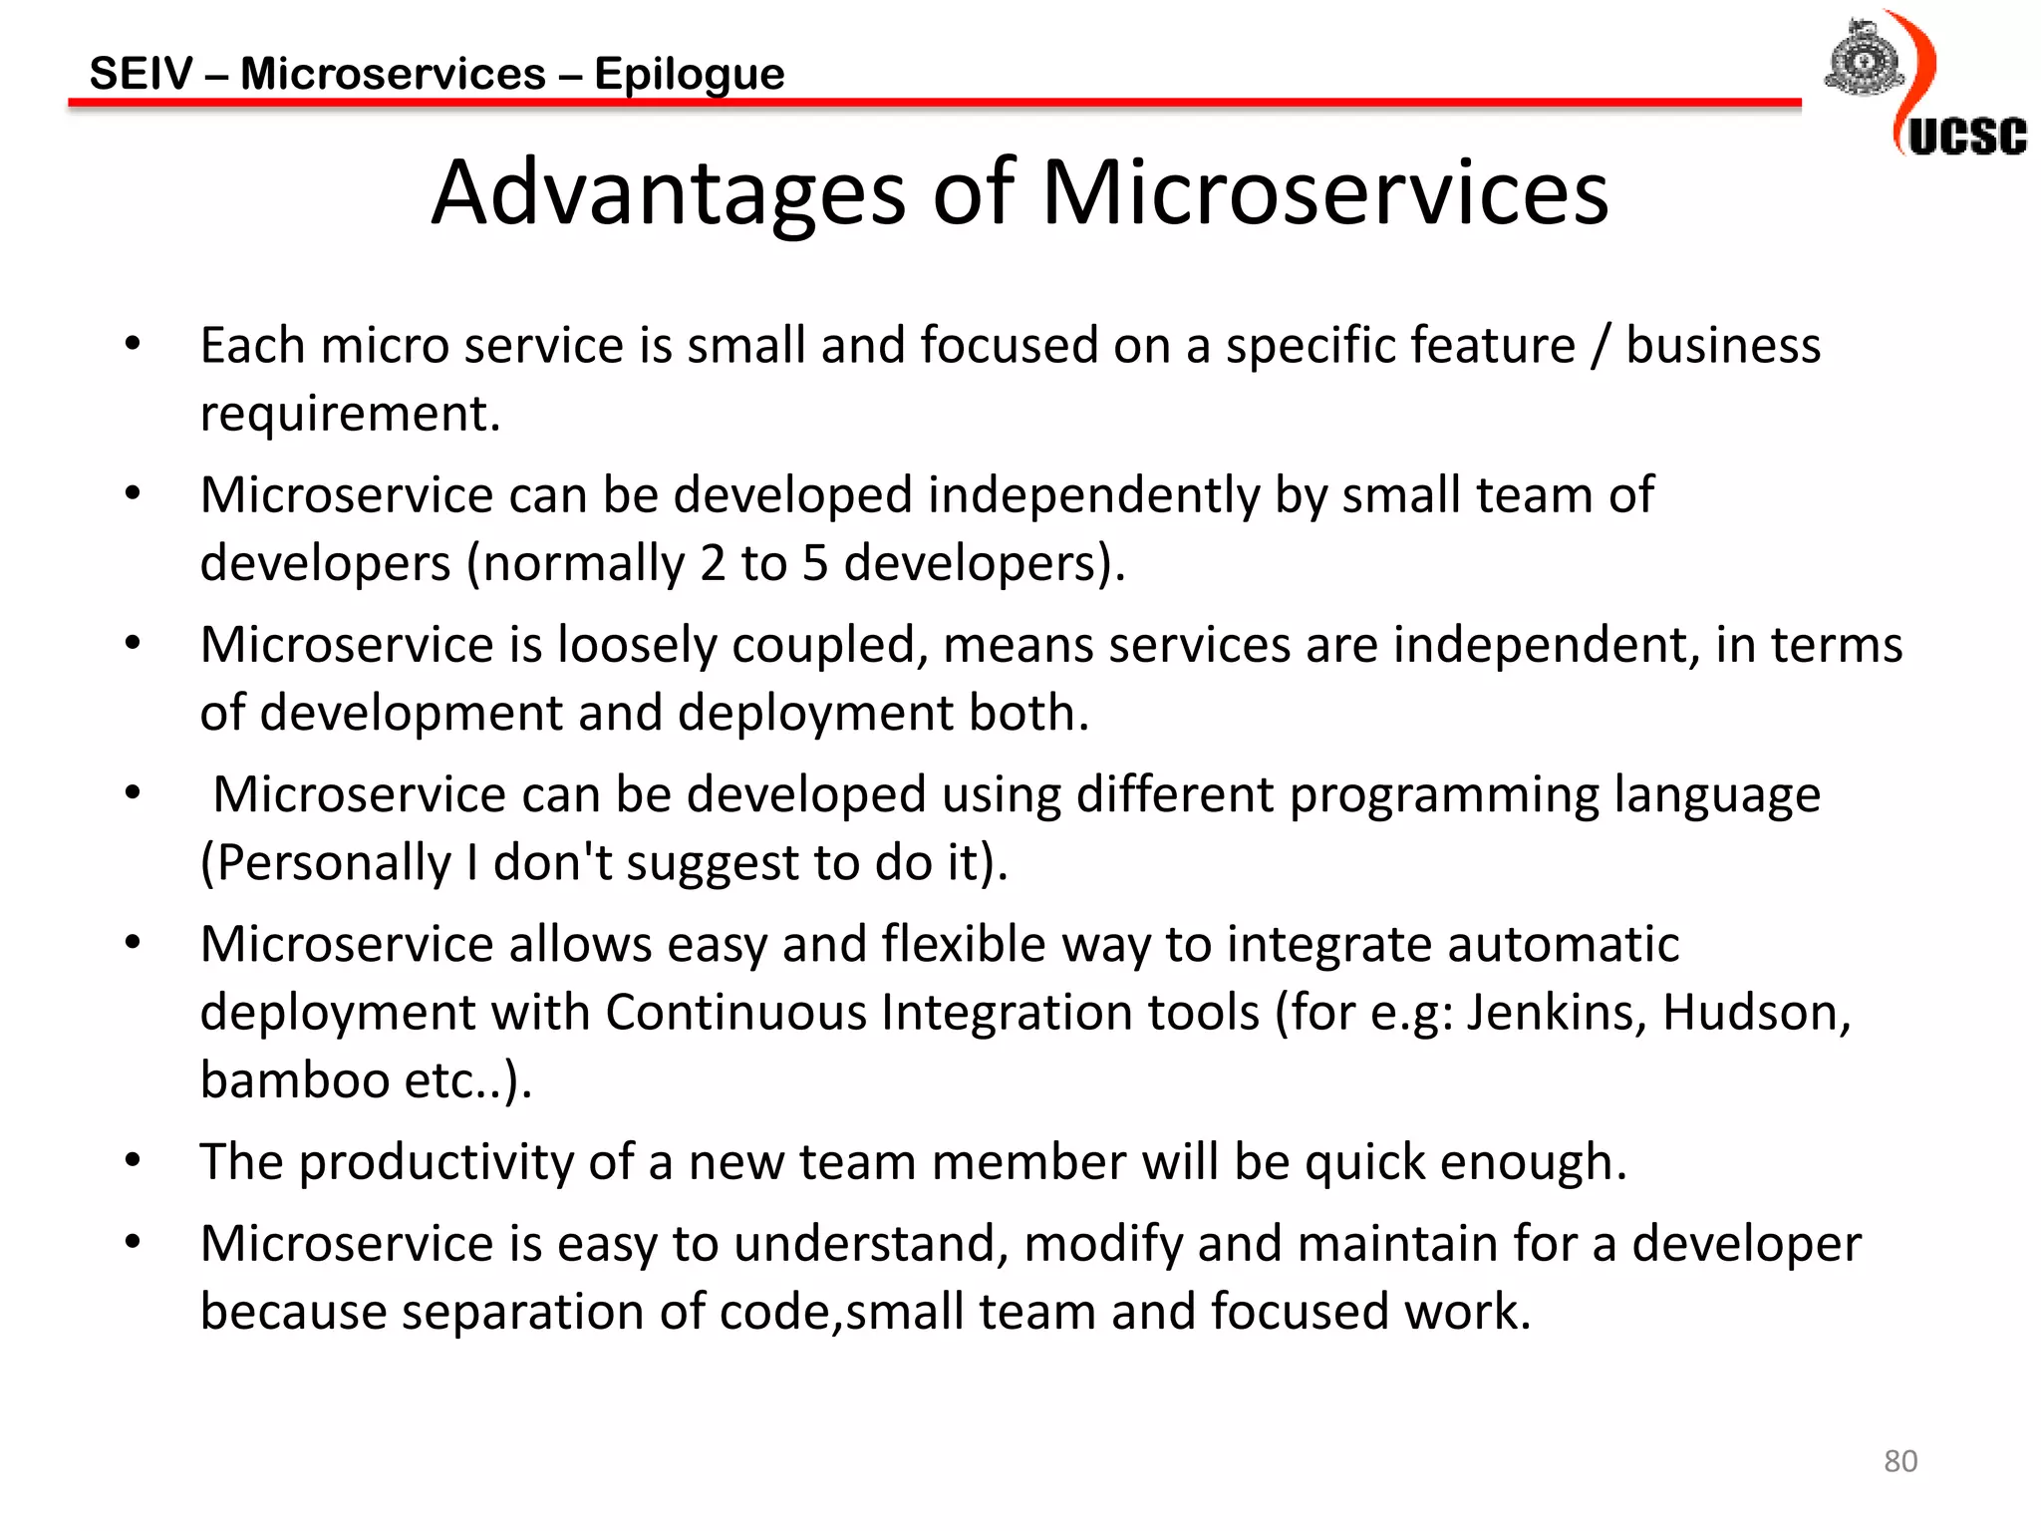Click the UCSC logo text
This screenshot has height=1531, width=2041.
click(x=1967, y=137)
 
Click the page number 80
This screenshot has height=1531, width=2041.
click(x=1900, y=1460)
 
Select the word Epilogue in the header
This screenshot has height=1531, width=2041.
click(x=690, y=74)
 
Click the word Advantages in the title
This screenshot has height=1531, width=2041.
click(x=669, y=193)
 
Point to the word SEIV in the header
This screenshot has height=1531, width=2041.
click(x=142, y=74)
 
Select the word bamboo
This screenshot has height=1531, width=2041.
click(x=295, y=1079)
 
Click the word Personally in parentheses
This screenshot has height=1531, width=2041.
click(x=335, y=862)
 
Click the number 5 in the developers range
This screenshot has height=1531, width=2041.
click(x=815, y=563)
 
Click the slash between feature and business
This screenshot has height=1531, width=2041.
click(x=1601, y=346)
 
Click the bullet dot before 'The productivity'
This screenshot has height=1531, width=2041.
click(x=133, y=1160)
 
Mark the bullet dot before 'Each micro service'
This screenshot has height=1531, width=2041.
click(x=133, y=345)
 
